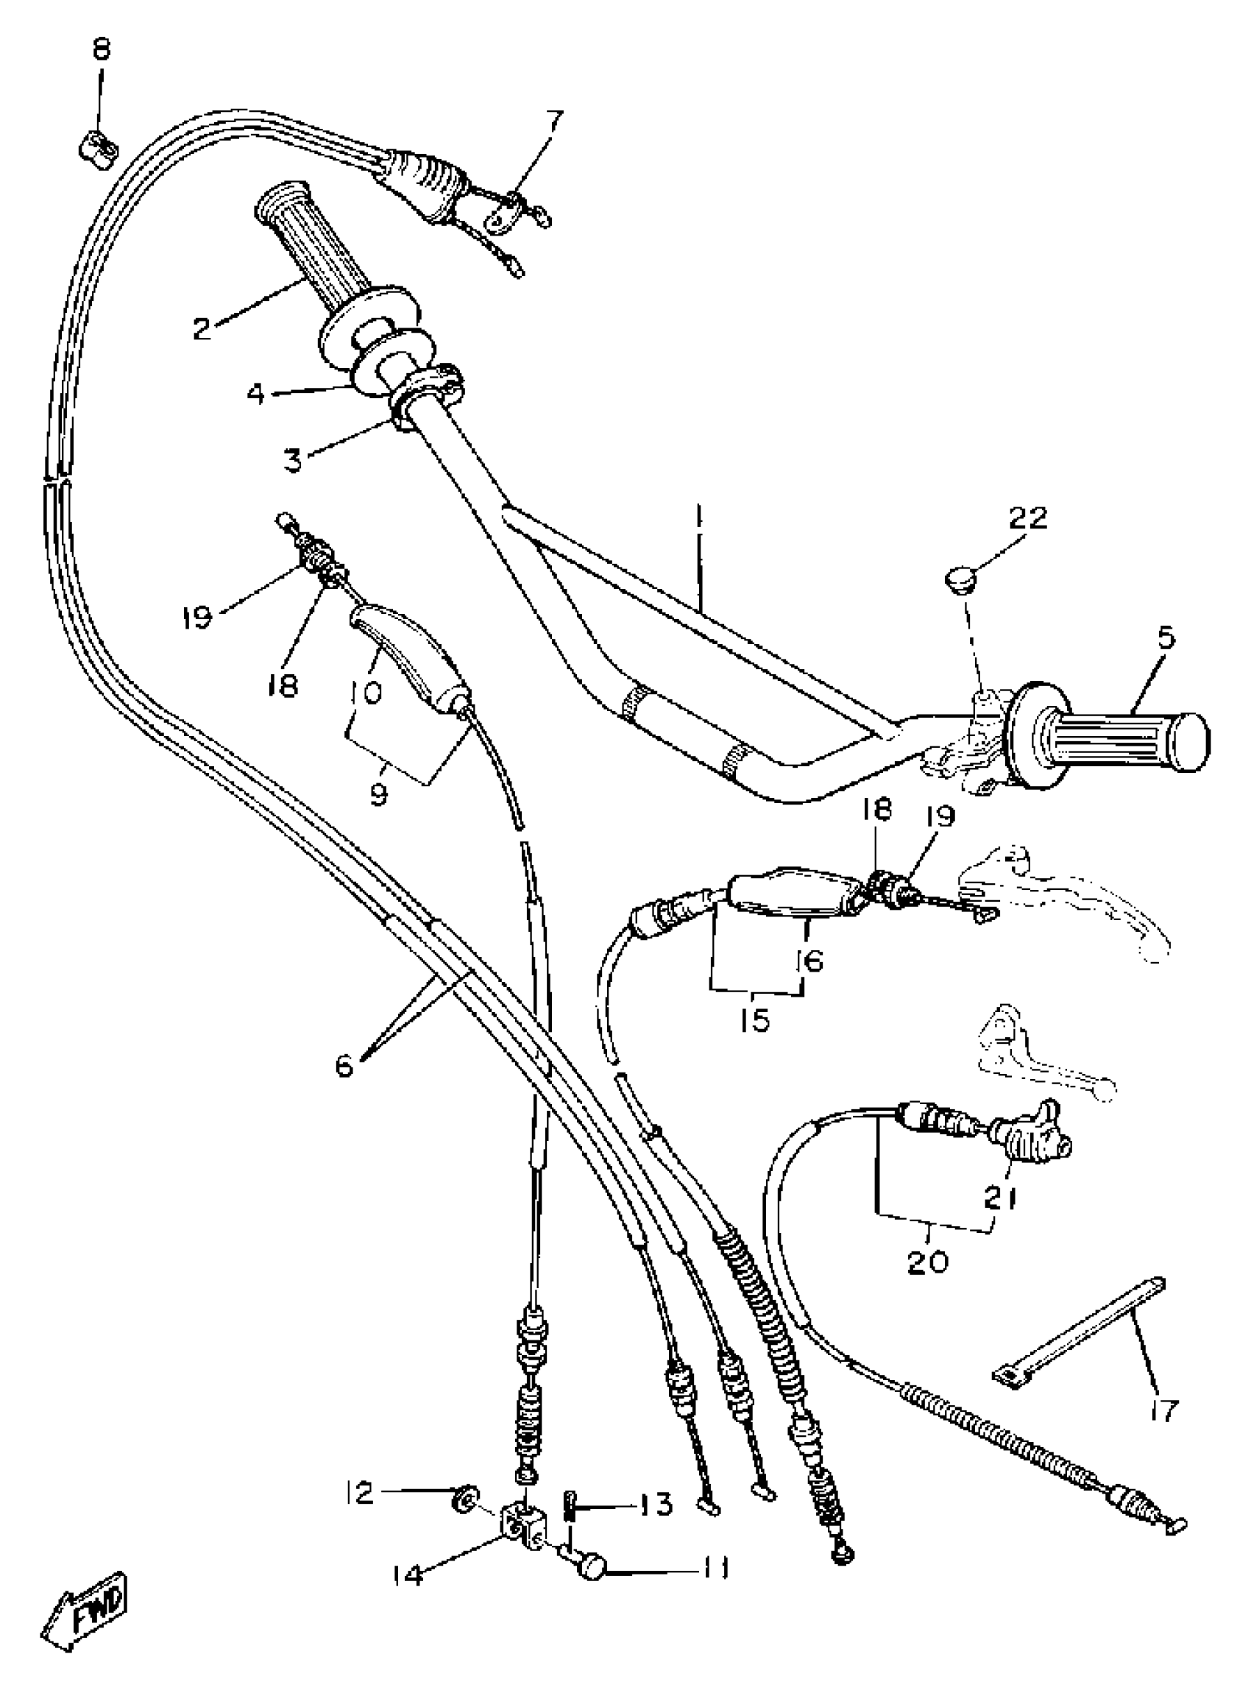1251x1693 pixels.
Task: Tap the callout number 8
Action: click(101, 50)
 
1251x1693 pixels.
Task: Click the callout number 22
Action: click(1027, 518)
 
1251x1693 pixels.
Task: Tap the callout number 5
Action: click(1166, 637)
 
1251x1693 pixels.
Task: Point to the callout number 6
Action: click(344, 1067)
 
